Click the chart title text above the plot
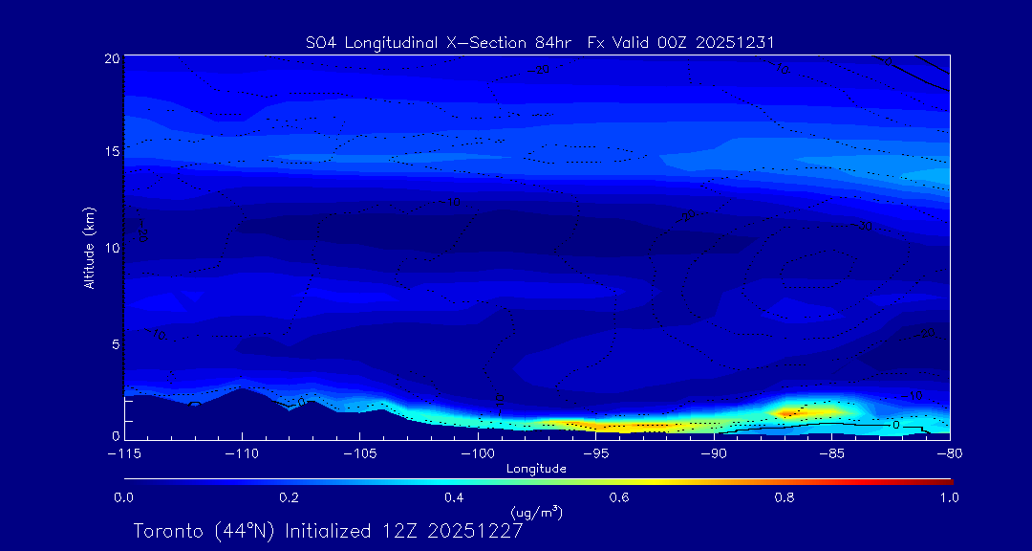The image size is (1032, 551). [539, 42]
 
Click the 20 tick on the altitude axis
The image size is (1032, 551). [112, 59]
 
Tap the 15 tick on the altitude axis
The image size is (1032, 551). [112, 152]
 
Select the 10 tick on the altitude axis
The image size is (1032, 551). [112, 248]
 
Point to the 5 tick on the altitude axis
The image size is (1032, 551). [115, 342]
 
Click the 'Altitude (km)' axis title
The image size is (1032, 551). [89, 248]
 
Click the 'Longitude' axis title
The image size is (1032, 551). [536, 468]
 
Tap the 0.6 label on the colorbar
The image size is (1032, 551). [619, 497]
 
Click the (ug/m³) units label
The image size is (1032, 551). [537, 513]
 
